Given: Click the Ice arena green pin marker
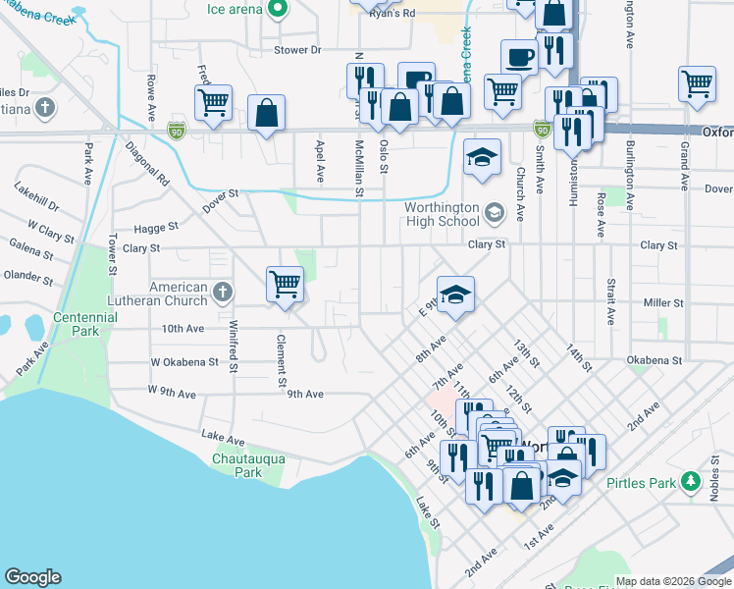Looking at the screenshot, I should click(x=278, y=9).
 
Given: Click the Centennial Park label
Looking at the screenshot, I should click(x=85, y=324).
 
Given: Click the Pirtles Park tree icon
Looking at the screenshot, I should click(x=690, y=481).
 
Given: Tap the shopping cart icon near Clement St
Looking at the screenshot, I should click(x=285, y=285).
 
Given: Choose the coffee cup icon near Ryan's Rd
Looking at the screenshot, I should click(x=519, y=57).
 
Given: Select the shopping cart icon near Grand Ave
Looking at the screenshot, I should click(x=697, y=82).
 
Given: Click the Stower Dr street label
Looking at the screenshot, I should click(x=298, y=49).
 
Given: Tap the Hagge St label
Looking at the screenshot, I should click(x=157, y=226).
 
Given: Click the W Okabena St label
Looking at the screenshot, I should click(x=183, y=362).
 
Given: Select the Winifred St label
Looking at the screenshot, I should click(x=234, y=348).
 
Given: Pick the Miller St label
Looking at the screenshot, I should click(x=663, y=303).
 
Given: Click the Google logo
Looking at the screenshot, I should click(x=32, y=577).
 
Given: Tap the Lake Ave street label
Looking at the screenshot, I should click(x=221, y=435).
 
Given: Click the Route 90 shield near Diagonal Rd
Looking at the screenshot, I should click(x=176, y=130).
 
